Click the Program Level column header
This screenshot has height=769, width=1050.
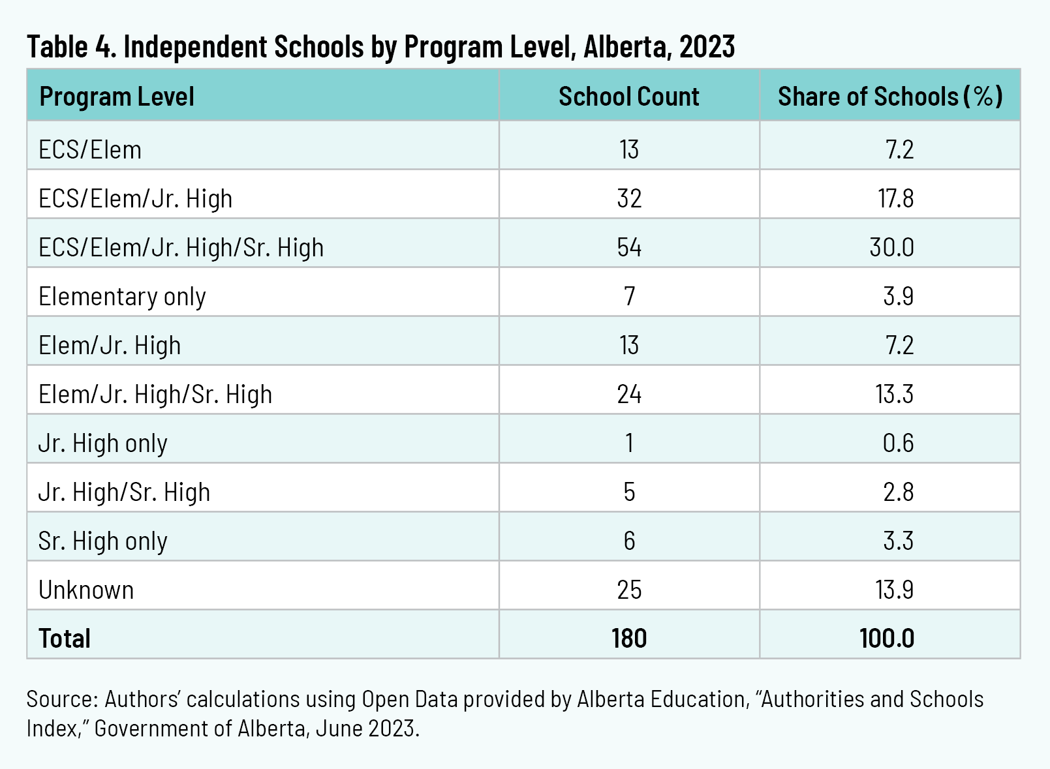point(117,97)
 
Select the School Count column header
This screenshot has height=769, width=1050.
point(628,97)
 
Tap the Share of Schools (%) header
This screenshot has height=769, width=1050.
point(889,97)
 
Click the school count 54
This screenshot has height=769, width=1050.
point(629,248)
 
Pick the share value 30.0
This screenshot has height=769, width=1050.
point(891,248)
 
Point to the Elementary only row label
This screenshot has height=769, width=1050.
point(122,297)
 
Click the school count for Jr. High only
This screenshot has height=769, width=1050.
point(629,444)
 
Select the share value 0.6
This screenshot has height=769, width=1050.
point(898,444)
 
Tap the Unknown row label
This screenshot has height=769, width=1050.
point(86,590)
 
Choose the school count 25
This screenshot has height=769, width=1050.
point(629,590)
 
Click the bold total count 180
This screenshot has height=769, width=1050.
point(629,639)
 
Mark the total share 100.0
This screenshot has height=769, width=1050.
point(887,639)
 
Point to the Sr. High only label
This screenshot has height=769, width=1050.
point(103,541)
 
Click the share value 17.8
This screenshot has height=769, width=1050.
point(895,199)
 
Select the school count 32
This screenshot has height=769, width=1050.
point(629,199)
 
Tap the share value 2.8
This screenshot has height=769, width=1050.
point(898,492)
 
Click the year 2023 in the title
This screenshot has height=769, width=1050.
point(707,47)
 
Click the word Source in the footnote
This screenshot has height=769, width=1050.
point(61,699)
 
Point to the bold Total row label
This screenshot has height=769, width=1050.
point(65,639)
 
